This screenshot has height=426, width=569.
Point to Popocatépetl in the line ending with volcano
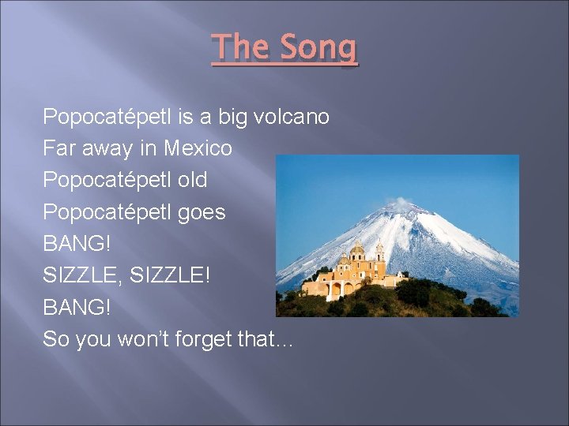click(107, 118)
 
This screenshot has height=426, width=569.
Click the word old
click(192, 180)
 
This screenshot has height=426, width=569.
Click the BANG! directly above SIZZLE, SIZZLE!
click(77, 244)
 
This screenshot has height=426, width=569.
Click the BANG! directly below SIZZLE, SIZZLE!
click(77, 308)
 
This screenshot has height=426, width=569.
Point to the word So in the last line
click(56, 340)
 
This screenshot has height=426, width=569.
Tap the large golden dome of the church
click(357, 250)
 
